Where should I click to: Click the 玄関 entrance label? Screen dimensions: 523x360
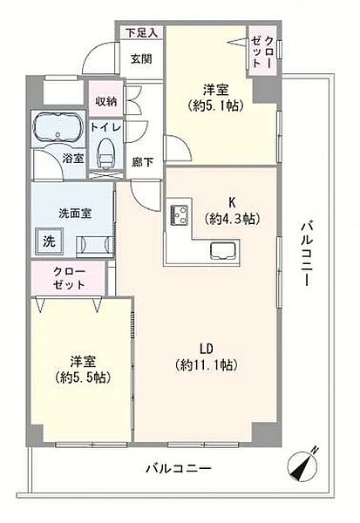pyautogui.click(x=141, y=59)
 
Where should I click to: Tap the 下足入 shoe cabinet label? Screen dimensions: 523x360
pyautogui.click(x=141, y=33)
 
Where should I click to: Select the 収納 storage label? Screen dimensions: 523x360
pyautogui.click(x=106, y=101)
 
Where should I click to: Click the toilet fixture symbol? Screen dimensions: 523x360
pyautogui.click(x=107, y=152)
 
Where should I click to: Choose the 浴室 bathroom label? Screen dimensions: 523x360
pyautogui.click(x=73, y=159)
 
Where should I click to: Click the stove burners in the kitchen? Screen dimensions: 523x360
pyautogui.click(x=180, y=214)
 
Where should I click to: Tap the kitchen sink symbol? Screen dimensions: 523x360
pyautogui.click(x=221, y=253)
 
